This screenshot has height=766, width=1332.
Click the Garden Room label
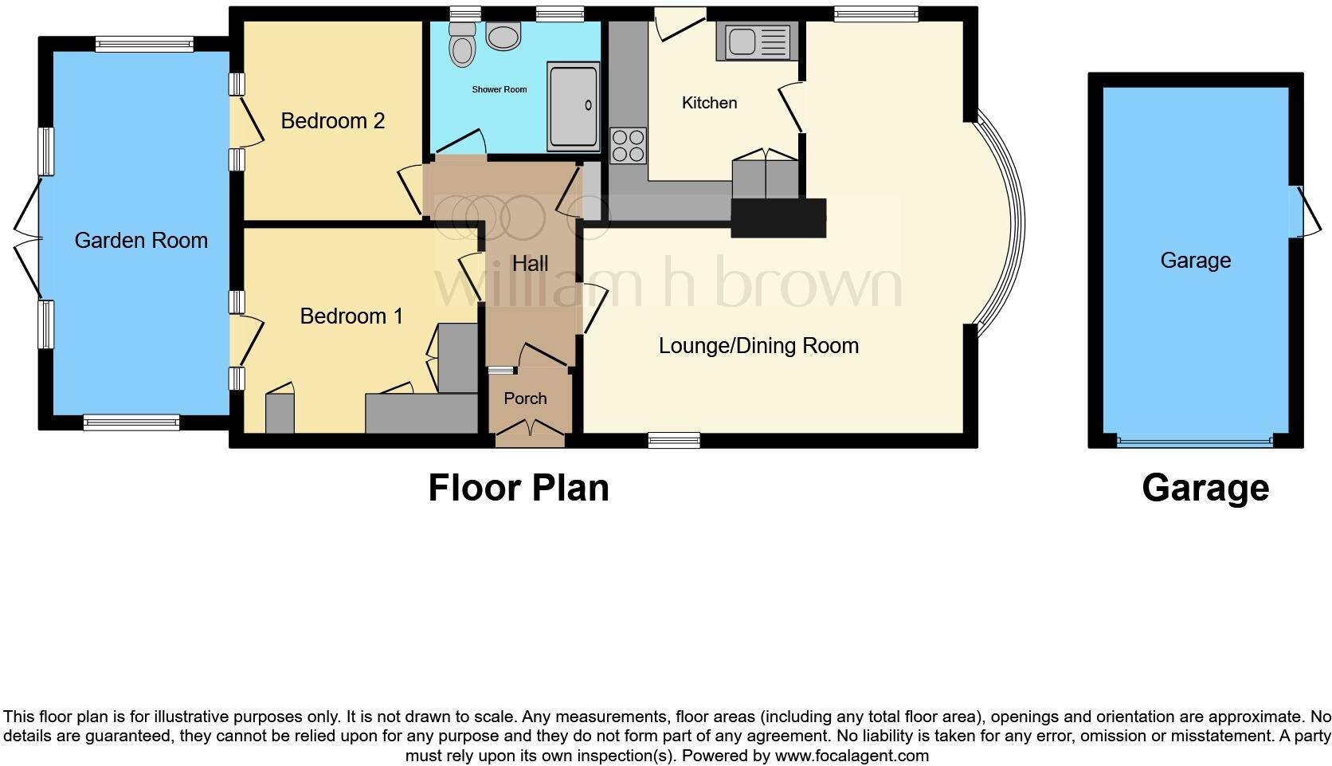click(141, 240)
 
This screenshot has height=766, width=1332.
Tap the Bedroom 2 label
click(333, 120)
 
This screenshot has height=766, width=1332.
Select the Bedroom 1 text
click(351, 316)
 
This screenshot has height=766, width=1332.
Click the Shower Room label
click(499, 89)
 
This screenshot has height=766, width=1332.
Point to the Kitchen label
click(709, 103)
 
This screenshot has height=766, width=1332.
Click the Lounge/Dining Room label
click(758, 345)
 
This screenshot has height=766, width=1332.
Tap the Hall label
click(530, 263)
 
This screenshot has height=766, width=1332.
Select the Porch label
click(525, 398)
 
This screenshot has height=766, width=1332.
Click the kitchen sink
click(757, 41)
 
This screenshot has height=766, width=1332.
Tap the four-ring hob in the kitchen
click(628, 146)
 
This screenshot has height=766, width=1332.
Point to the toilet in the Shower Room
click(460, 44)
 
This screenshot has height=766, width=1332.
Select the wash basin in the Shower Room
click(503, 36)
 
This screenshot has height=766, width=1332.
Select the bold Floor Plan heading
click(519, 488)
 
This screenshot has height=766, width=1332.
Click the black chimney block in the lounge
click(778, 218)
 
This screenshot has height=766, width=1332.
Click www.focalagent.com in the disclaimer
click(852, 755)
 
